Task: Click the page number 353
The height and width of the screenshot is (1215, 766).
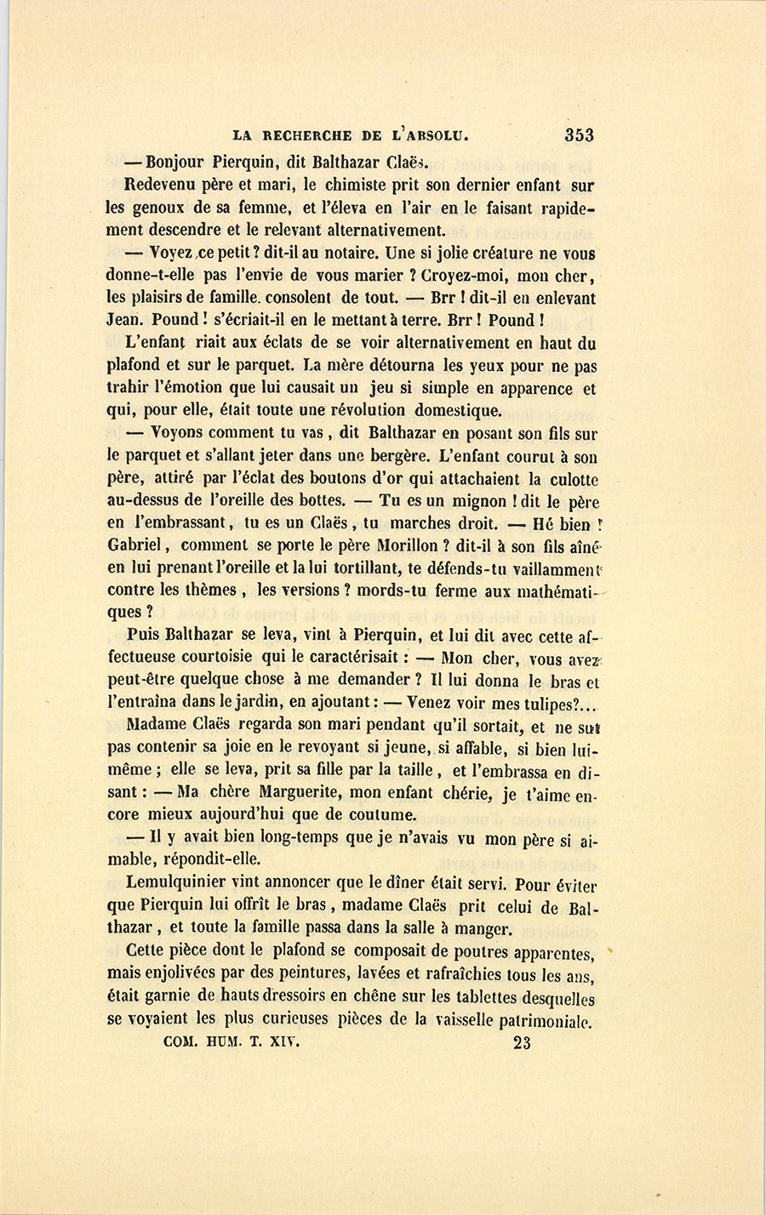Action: (x=578, y=134)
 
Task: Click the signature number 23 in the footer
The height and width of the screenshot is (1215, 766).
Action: (x=523, y=1042)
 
